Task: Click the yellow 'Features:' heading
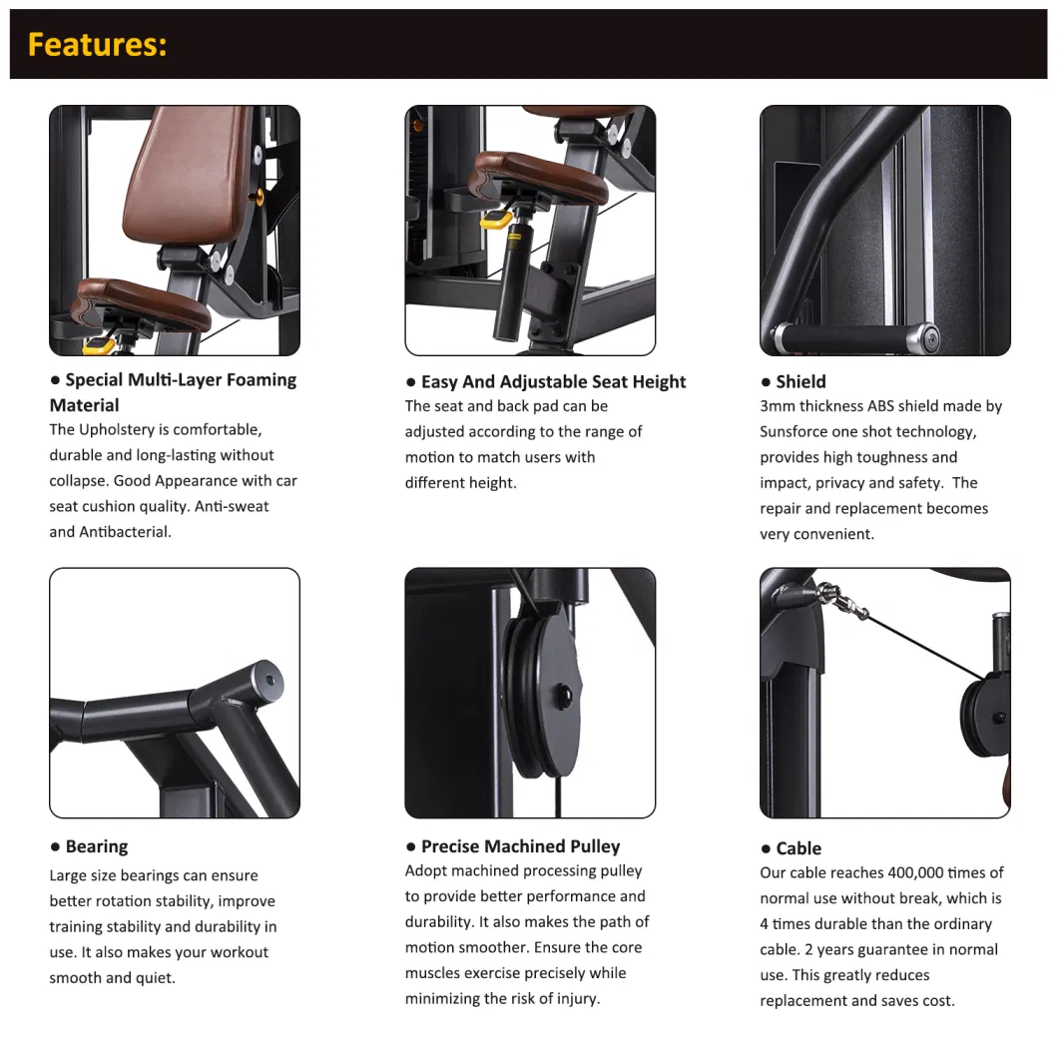97,45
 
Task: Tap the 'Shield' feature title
800,382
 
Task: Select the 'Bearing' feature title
97,847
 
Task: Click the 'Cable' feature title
798,848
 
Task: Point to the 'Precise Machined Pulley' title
520,846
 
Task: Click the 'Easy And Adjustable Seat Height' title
553,382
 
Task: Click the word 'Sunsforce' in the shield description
793,431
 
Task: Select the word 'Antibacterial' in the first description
125,532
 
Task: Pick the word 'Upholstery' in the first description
113,430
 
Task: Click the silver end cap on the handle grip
924,336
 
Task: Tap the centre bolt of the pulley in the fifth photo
563,693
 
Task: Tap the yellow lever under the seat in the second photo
496,220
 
